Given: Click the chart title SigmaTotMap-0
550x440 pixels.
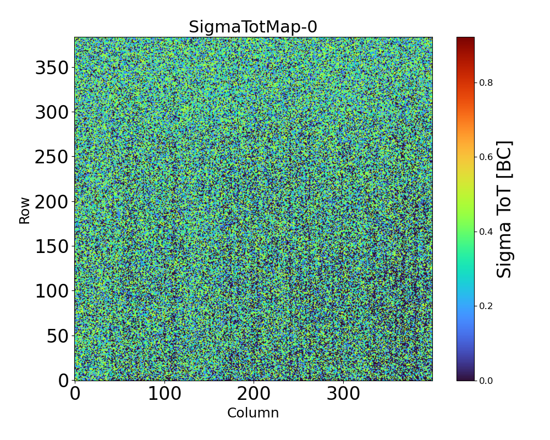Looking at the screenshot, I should pyautogui.click(x=253, y=27).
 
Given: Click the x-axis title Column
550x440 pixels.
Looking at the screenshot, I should pyautogui.click(x=253, y=413).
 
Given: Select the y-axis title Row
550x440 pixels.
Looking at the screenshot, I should pyautogui.click(x=25, y=209).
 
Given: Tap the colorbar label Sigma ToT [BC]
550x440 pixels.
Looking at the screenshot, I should pyautogui.click(x=504, y=209).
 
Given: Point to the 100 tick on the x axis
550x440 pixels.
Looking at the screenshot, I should pyautogui.click(x=164, y=394).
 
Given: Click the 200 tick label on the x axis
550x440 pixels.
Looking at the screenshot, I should pyautogui.click(x=254, y=394).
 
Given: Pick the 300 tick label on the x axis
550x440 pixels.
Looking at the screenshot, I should pyautogui.click(x=343, y=394).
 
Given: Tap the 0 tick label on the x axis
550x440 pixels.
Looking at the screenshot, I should pyautogui.click(x=75, y=394).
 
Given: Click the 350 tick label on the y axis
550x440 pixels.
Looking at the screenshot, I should pyautogui.click(x=52, y=68).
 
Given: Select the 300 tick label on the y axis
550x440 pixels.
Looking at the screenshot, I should pyautogui.click(x=52, y=113).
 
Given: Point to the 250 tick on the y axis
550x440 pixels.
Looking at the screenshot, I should pyautogui.click(x=52, y=157).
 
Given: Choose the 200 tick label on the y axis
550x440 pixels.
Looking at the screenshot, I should pyautogui.click(x=52, y=202).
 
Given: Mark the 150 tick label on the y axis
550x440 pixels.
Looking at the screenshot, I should pyautogui.click(x=52, y=246).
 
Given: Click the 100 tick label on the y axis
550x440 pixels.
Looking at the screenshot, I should pyautogui.click(x=52, y=291).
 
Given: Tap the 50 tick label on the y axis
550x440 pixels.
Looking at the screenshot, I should pyautogui.click(x=57, y=335).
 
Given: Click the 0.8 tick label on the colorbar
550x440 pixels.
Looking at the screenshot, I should pyautogui.click(x=486, y=82).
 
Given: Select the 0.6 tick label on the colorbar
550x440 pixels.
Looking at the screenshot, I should pyautogui.click(x=486, y=157).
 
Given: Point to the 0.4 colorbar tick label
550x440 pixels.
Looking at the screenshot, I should pyautogui.click(x=486, y=232).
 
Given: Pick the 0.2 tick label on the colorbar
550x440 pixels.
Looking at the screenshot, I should pyautogui.click(x=486, y=306).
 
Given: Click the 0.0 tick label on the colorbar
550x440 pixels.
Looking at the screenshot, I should pyautogui.click(x=486, y=381).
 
